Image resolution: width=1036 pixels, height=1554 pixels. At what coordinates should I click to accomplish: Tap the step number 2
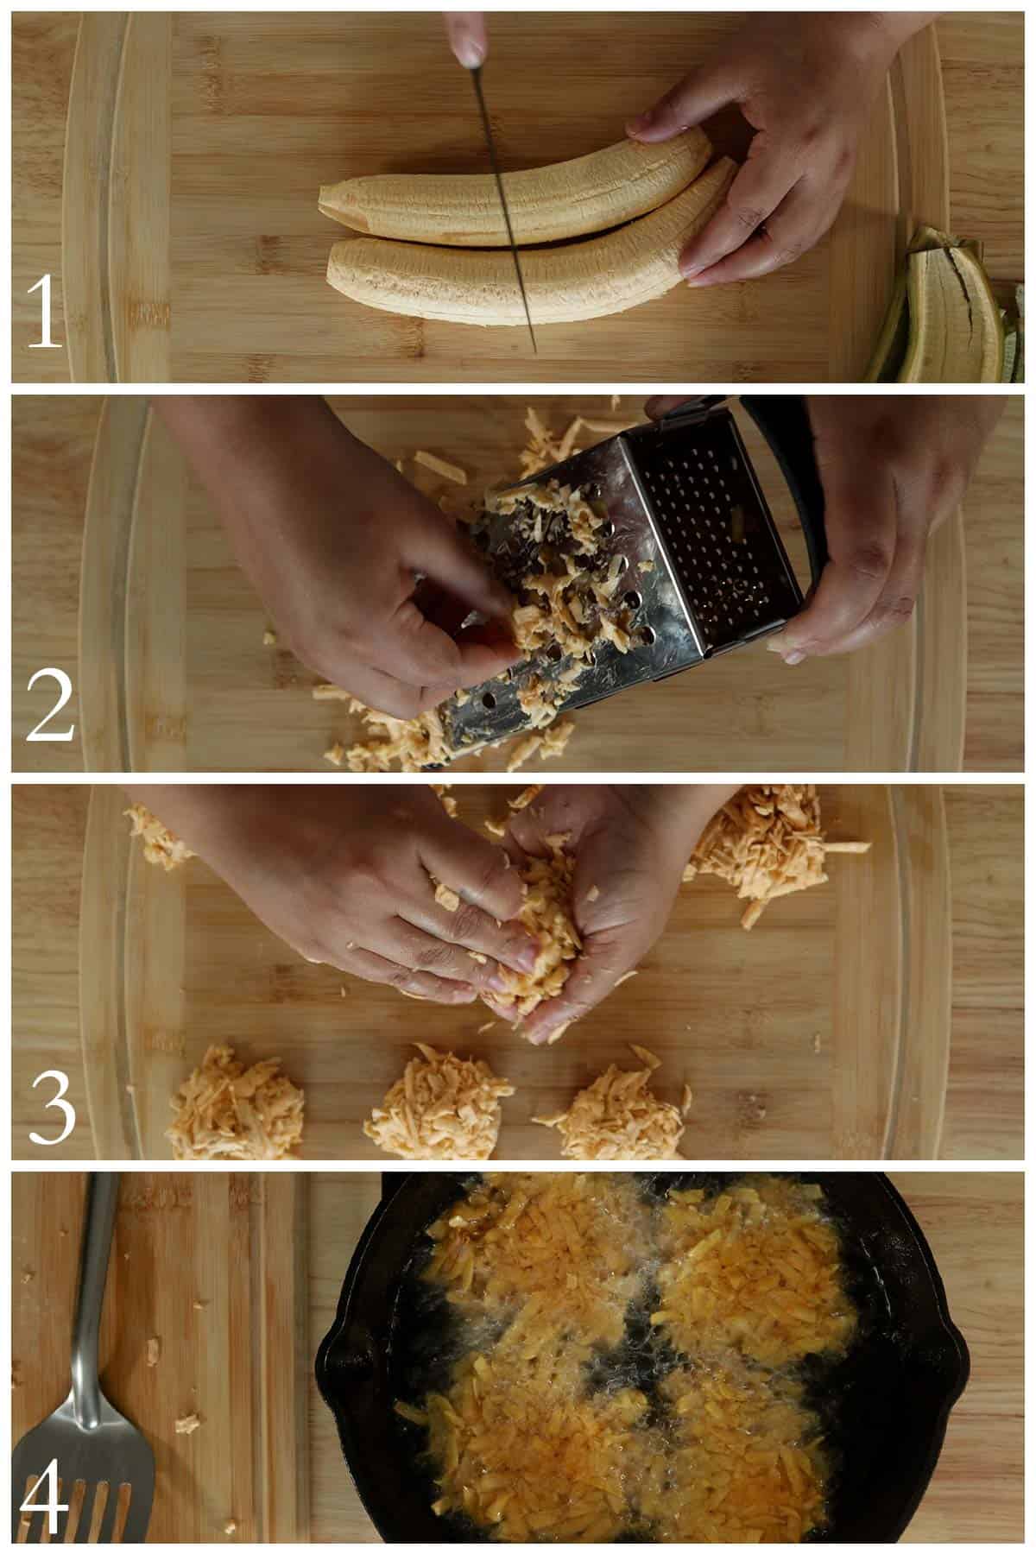point(50,705)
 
